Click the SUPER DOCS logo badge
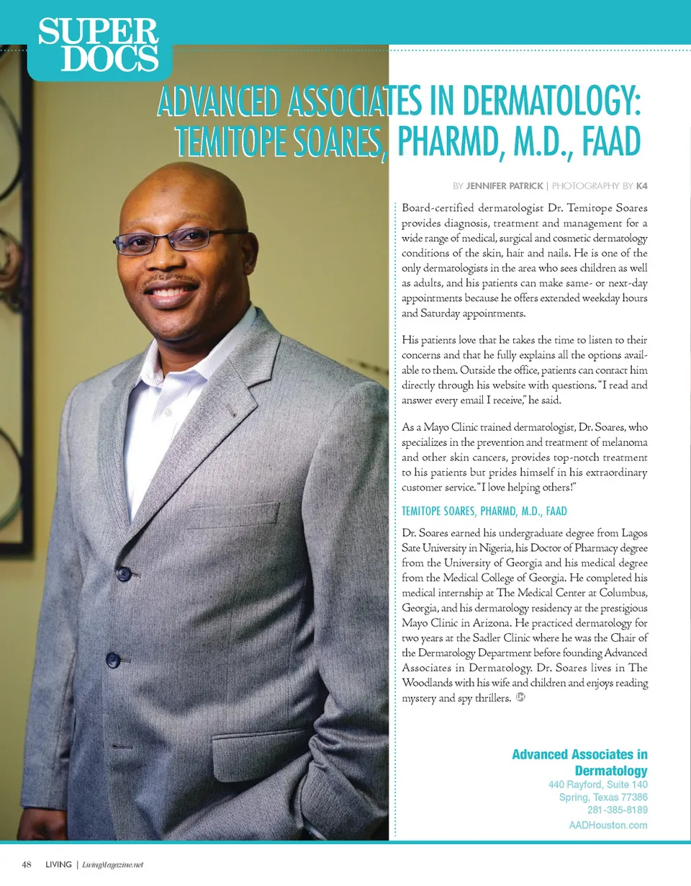click(x=99, y=45)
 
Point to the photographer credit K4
click(x=641, y=186)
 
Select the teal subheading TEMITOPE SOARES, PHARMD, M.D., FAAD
click(x=484, y=511)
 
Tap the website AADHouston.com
click(x=603, y=825)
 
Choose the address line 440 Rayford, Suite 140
click(x=597, y=784)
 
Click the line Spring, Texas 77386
click(x=603, y=797)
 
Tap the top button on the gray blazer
click(x=124, y=573)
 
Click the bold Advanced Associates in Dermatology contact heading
click(x=579, y=762)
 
